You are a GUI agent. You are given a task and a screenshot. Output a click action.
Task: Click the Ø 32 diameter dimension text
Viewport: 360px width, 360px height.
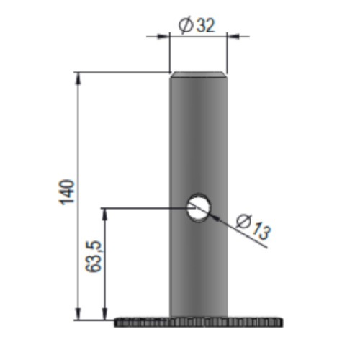pos(197,24)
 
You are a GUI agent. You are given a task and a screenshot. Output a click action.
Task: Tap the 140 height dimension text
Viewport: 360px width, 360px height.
pos(67,192)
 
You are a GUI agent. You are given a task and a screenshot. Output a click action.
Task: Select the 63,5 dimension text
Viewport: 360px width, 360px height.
pos(94,256)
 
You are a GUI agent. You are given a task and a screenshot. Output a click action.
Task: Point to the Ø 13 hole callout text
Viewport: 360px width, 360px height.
pos(253,227)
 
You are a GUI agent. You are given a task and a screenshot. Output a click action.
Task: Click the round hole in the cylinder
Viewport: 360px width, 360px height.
pos(199,207)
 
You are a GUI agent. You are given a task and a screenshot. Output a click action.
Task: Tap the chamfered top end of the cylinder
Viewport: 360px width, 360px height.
pos(198,75)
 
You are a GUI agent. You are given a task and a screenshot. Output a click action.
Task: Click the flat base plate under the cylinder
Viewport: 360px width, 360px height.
pos(199,322)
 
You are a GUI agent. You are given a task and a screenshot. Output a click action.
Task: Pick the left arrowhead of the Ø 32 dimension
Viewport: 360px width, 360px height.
pos(163,37)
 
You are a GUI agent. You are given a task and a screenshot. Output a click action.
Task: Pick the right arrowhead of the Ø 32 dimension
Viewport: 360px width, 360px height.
pos(233,37)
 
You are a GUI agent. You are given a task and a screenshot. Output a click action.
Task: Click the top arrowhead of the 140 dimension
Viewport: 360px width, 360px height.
pos(78,78)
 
